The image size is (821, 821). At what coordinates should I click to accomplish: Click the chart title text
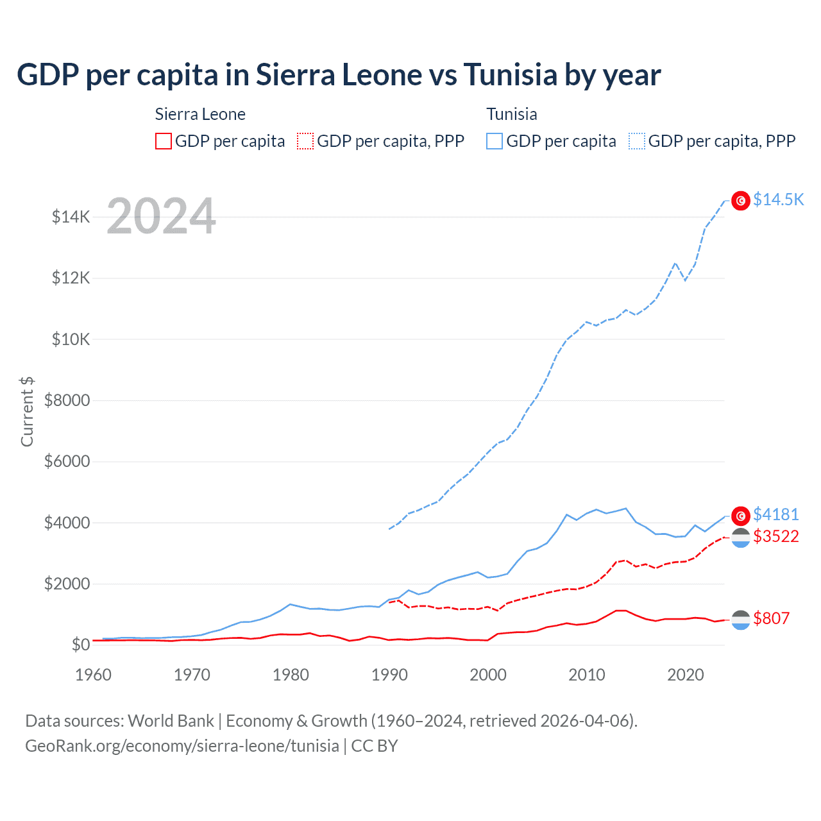pyautogui.click(x=339, y=75)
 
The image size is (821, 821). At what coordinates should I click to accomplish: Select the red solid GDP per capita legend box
pyautogui.click(x=164, y=141)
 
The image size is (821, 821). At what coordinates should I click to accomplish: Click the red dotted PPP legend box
pyautogui.click(x=305, y=141)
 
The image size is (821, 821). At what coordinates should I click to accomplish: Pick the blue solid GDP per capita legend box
pyautogui.click(x=495, y=141)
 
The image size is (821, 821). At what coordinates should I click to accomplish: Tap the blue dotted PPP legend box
pyautogui.click(x=637, y=141)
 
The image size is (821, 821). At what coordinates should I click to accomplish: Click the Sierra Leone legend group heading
pyautogui.click(x=200, y=114)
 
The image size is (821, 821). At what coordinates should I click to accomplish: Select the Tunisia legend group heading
pyautogui.click(x=511, y=114)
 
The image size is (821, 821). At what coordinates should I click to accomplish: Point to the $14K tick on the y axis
pyautogui.click(x=71, y=217)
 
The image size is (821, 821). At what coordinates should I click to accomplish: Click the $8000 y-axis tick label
pyautogui.click(x=67, y=400)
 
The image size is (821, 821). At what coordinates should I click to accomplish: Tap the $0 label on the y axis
pyautogui.click(x=80, y=645)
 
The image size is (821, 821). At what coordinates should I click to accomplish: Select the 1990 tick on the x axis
pyautogui.click(x=389, y=675)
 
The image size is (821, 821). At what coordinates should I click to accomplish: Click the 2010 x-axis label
pyautogui.click(x=587, y=675)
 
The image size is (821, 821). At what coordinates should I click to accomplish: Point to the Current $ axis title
pyautogui.click(x=27, y=412)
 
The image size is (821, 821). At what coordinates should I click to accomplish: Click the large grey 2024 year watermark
pyautogui.click(x=161, y=216)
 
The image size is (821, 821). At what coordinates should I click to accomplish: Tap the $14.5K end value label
pyautogui.click(x=778, y=199)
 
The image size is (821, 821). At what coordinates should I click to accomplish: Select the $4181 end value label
pyautogui.click(x=775, y=514)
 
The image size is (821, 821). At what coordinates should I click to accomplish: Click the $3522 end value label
pyautogui.click(x=775, y=536)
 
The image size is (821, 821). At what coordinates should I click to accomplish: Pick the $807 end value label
pyautogui.click(x=771, y=618)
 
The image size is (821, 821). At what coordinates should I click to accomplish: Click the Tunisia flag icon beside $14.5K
pyautogui.click(x=741, y=201)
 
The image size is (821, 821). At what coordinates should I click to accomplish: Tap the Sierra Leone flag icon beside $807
pyautogui.click(x=741, y=620)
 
